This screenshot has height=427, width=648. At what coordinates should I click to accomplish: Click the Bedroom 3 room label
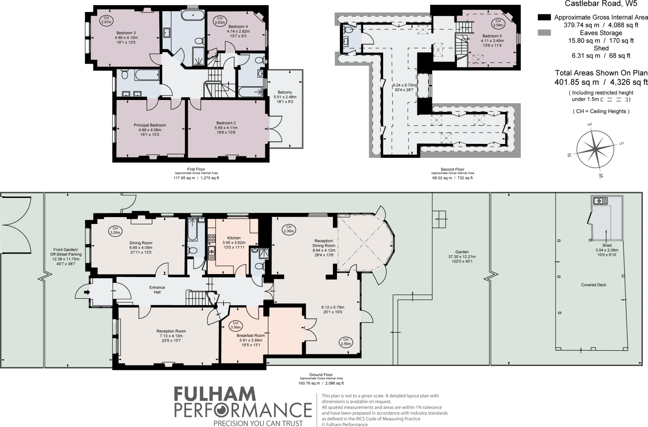(126, 33)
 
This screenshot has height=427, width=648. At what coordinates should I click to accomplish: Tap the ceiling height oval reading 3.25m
(115, 230)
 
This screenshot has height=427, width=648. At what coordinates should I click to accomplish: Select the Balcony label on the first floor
(285, 92)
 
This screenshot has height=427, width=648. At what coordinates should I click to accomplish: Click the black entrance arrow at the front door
(87, 292)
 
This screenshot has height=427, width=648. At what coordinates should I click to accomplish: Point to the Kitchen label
(234, 238)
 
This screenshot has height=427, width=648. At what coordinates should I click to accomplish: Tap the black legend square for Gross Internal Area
(544, 17)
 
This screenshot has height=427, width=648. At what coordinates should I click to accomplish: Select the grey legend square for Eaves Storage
(544, 33)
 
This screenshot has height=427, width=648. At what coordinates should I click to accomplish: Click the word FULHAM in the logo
(215, 394)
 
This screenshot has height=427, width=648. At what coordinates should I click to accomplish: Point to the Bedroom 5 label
(492, 36)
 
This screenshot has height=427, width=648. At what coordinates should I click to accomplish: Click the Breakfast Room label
(251, 336)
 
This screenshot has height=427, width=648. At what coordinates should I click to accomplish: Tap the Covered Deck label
(594, 285)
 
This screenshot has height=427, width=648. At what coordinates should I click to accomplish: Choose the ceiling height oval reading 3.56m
(235, 325)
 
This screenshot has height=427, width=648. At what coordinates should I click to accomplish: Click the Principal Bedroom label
(150, 125)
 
